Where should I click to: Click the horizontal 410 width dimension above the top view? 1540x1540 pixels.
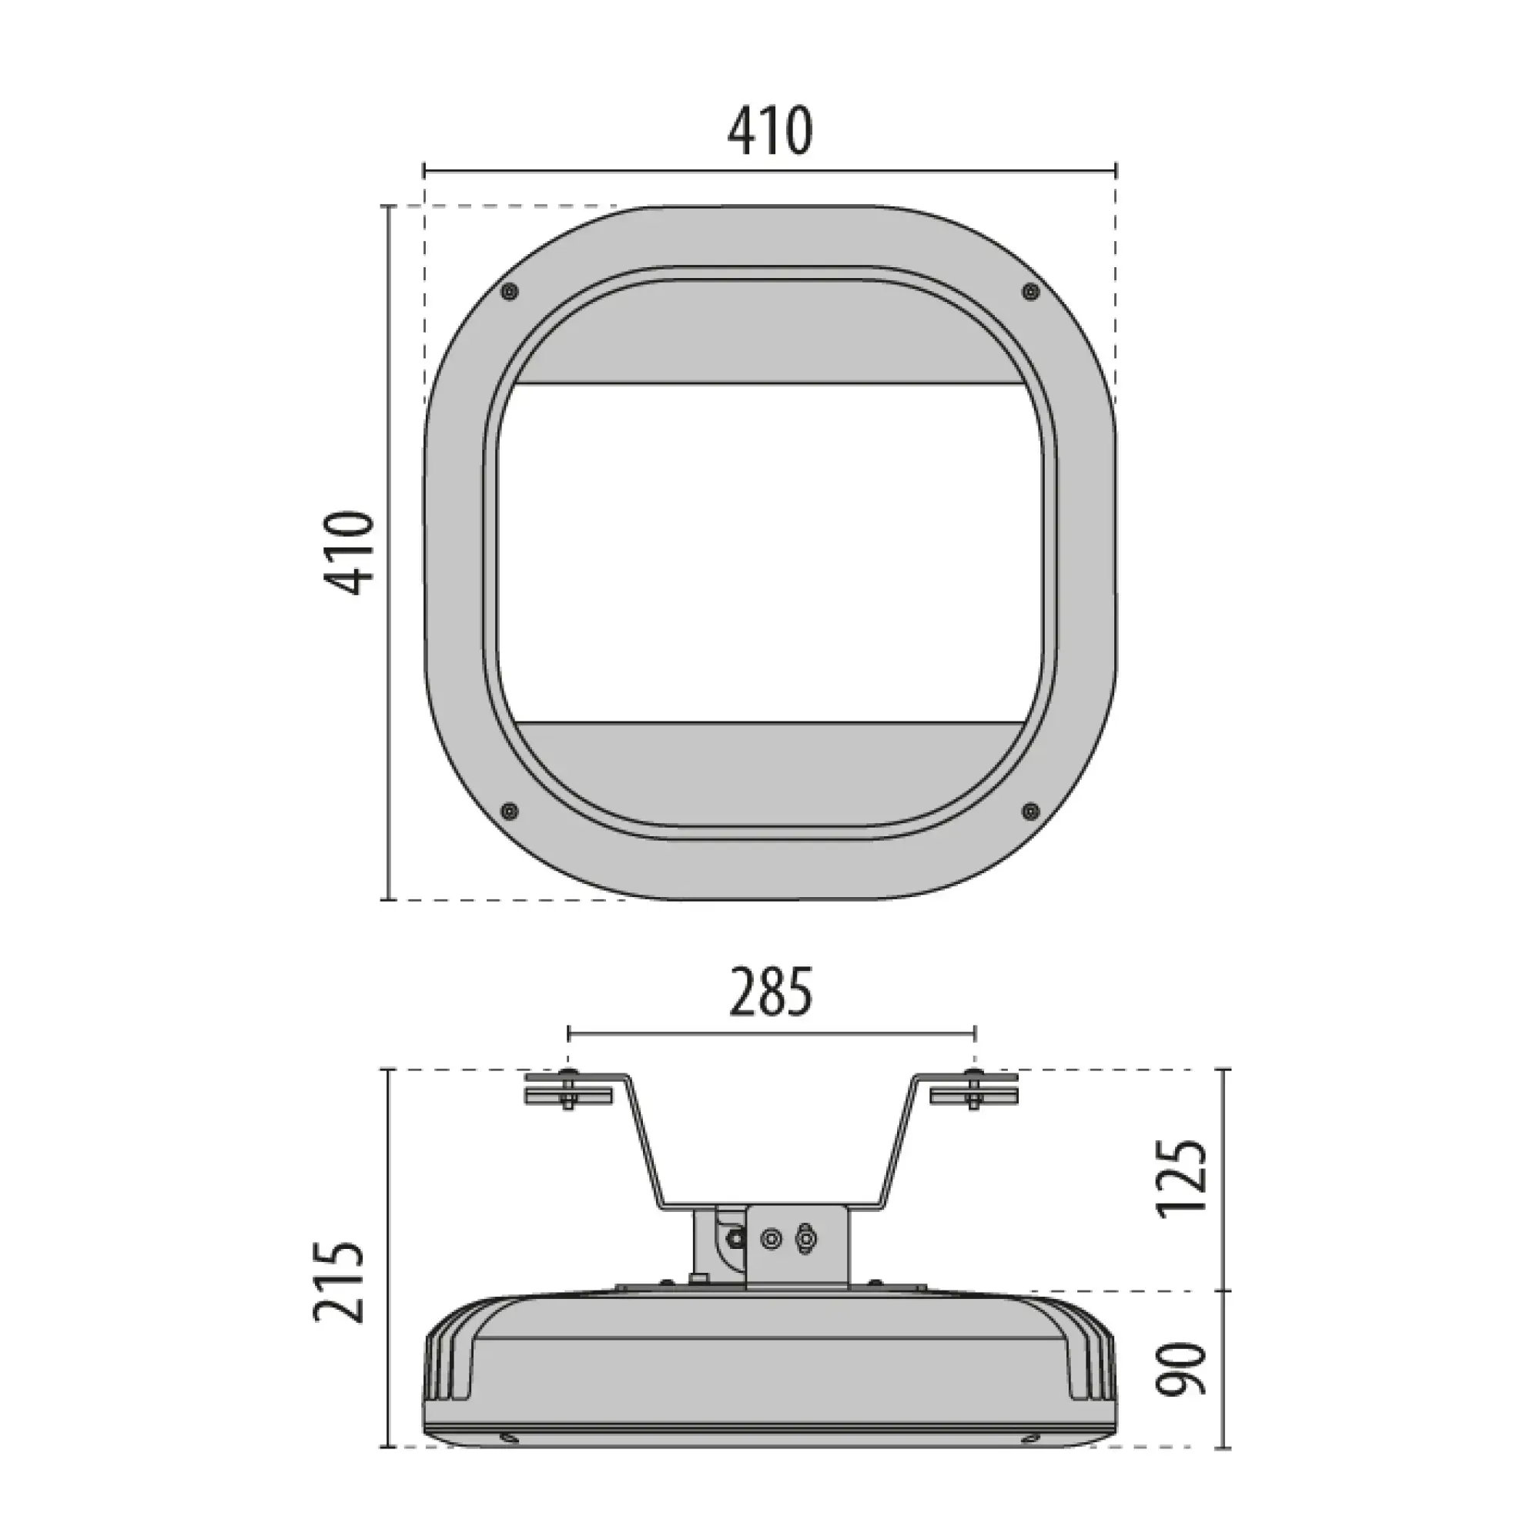tap(769, 131)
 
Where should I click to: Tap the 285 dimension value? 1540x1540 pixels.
tap(771, 993)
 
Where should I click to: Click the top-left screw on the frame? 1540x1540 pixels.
tap(509, 292)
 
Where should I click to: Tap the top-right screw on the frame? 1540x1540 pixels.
tap(1031, 292)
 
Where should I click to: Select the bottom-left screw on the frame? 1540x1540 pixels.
tap(509, 812)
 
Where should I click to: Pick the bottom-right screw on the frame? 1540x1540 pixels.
tap(1031, 812)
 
